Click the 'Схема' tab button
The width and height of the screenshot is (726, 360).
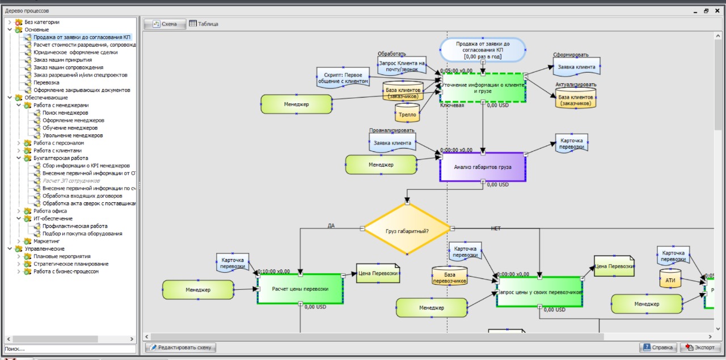[x=164, y=24]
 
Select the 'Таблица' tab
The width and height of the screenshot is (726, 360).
[x=204, y=24]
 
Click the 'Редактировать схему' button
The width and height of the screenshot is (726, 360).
[x=181, y=348]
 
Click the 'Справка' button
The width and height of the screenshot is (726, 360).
[x=658, y=348]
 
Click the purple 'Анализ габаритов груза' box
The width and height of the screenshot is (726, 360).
[x=483, y=167]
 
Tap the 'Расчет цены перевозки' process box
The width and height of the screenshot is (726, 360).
[x=300, y=289]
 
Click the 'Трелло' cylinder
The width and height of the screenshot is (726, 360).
[x=407, y=113]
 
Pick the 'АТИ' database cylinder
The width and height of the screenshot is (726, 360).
[x=670, y=279]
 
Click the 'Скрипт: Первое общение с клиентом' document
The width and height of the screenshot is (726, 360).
[x=343, y=78]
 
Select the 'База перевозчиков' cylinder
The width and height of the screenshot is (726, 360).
[x=449, y=276]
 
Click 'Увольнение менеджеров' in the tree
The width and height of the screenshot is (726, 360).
[x=73, y=135]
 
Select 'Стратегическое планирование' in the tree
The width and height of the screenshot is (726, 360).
[x=71, y=264]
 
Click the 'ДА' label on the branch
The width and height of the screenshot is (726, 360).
[x=331, y=226]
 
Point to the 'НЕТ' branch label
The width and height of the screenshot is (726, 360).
[x=496, y=228]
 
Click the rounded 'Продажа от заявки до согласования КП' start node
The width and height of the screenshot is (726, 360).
[x=483, y=50]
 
